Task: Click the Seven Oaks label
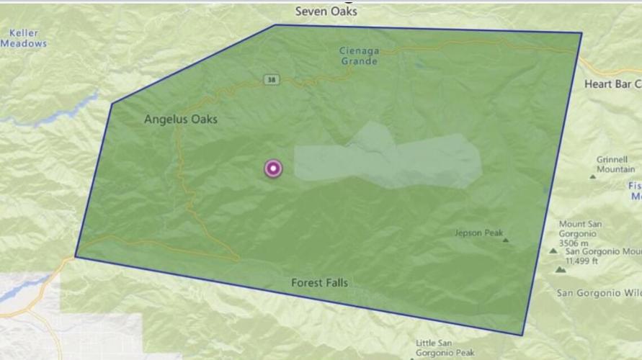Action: [326, 11]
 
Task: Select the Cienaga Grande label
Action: [359, 55]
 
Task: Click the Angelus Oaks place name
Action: [180, 120]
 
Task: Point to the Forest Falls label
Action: [319, 282]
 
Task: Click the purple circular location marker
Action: [273, 168]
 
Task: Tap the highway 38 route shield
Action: [269, 78]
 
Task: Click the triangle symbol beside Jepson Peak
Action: [506, 240]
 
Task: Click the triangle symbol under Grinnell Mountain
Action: [592, 176]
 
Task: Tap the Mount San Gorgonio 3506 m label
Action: [580, 233]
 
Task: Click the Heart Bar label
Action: [612, 84]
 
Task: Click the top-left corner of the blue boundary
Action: [275, 25]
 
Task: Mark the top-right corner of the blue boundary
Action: [581, 33]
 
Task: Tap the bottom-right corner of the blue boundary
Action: [523, 335]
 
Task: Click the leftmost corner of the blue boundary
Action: [76, 256]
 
